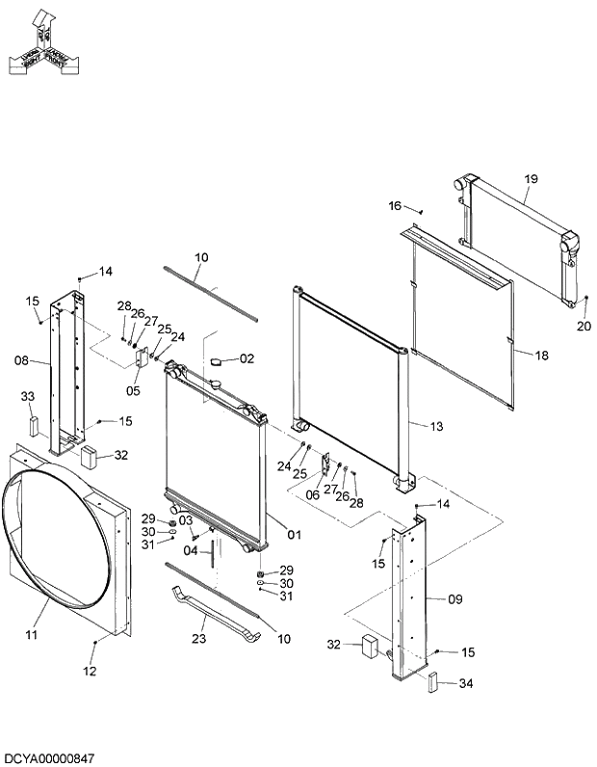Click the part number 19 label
pos(532,179)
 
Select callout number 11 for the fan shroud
pos(31,635)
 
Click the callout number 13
pos(436,425)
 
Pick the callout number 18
pos(541,356)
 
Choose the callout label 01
pos(295,534)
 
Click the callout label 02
pos(247,358)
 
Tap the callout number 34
pos(466,684)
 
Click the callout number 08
pos(21,362)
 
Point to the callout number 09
pos(455,599)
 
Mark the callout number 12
pos(90,672)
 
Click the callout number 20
pos(584,326)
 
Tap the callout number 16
pos(395,206)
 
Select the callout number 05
pos(133,391)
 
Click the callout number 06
pos(313,494)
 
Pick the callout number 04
pos(191,550)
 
